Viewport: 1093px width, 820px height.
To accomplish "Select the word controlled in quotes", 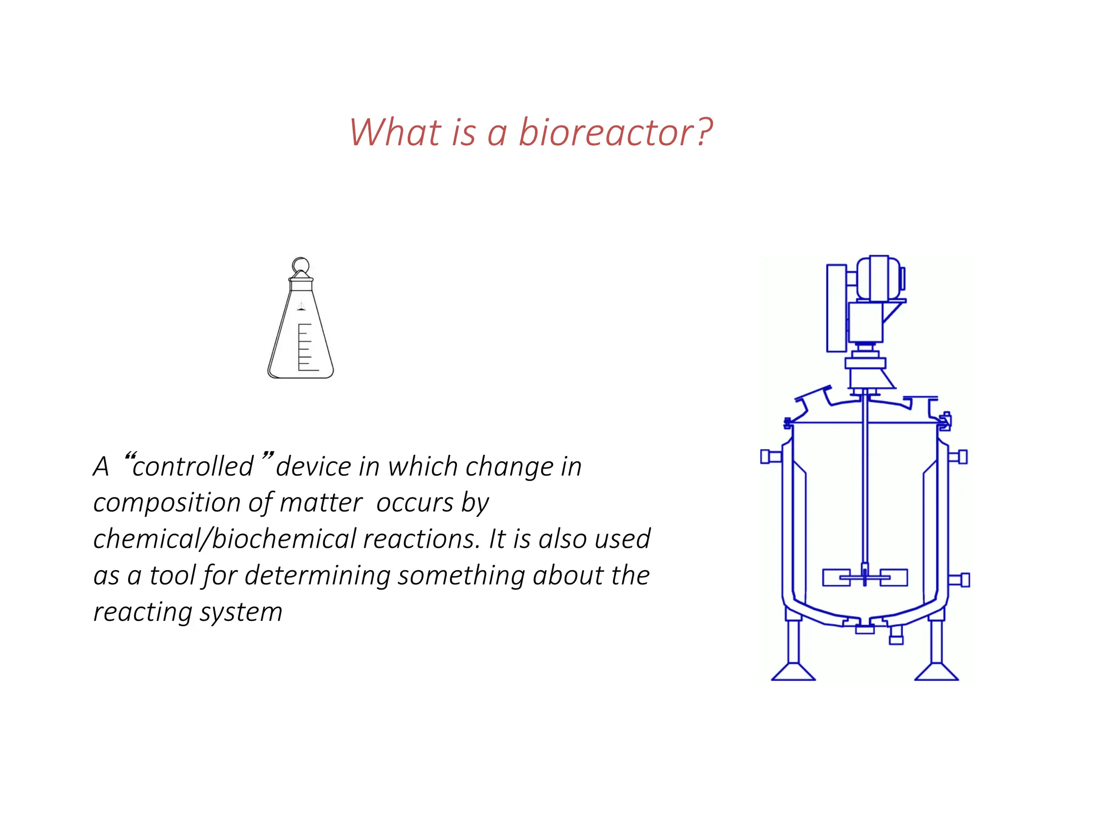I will point(193,467).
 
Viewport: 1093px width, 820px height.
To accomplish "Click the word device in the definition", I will point(314,467).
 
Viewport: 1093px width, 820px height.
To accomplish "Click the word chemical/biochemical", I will point(224,539).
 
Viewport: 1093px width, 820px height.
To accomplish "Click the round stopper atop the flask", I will point(300,265).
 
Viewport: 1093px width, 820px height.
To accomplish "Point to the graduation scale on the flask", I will point(305,347).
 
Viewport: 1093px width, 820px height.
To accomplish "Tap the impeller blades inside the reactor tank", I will point(865,578).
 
